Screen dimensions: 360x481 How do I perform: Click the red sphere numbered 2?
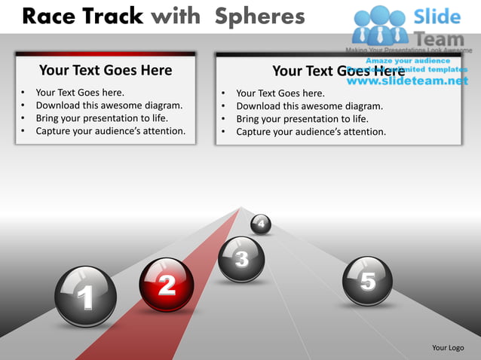coord(167,285)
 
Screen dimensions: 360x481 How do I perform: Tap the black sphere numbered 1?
coord(86,297)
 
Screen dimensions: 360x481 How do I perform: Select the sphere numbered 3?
coord(241,260)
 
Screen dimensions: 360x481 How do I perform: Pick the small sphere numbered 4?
coord(261,224)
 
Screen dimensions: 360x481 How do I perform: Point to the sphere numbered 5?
coord(367,281)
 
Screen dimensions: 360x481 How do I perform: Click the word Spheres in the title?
coord(259,16)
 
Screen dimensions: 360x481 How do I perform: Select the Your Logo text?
coord(448,347)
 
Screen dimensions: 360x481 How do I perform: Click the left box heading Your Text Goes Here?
coord(106,71)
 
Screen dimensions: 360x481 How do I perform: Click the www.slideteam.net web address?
coord(412,81)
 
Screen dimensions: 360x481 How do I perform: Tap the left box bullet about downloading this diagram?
coord(109,105)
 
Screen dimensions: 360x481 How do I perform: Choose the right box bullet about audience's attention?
coord(311,132)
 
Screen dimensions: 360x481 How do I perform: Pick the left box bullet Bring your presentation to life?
coord(102,118)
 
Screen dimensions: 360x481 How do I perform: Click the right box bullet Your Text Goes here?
coord(280,93)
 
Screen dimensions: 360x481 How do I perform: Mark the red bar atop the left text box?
coord(106,53)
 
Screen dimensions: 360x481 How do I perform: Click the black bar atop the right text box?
coord(339,54)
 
